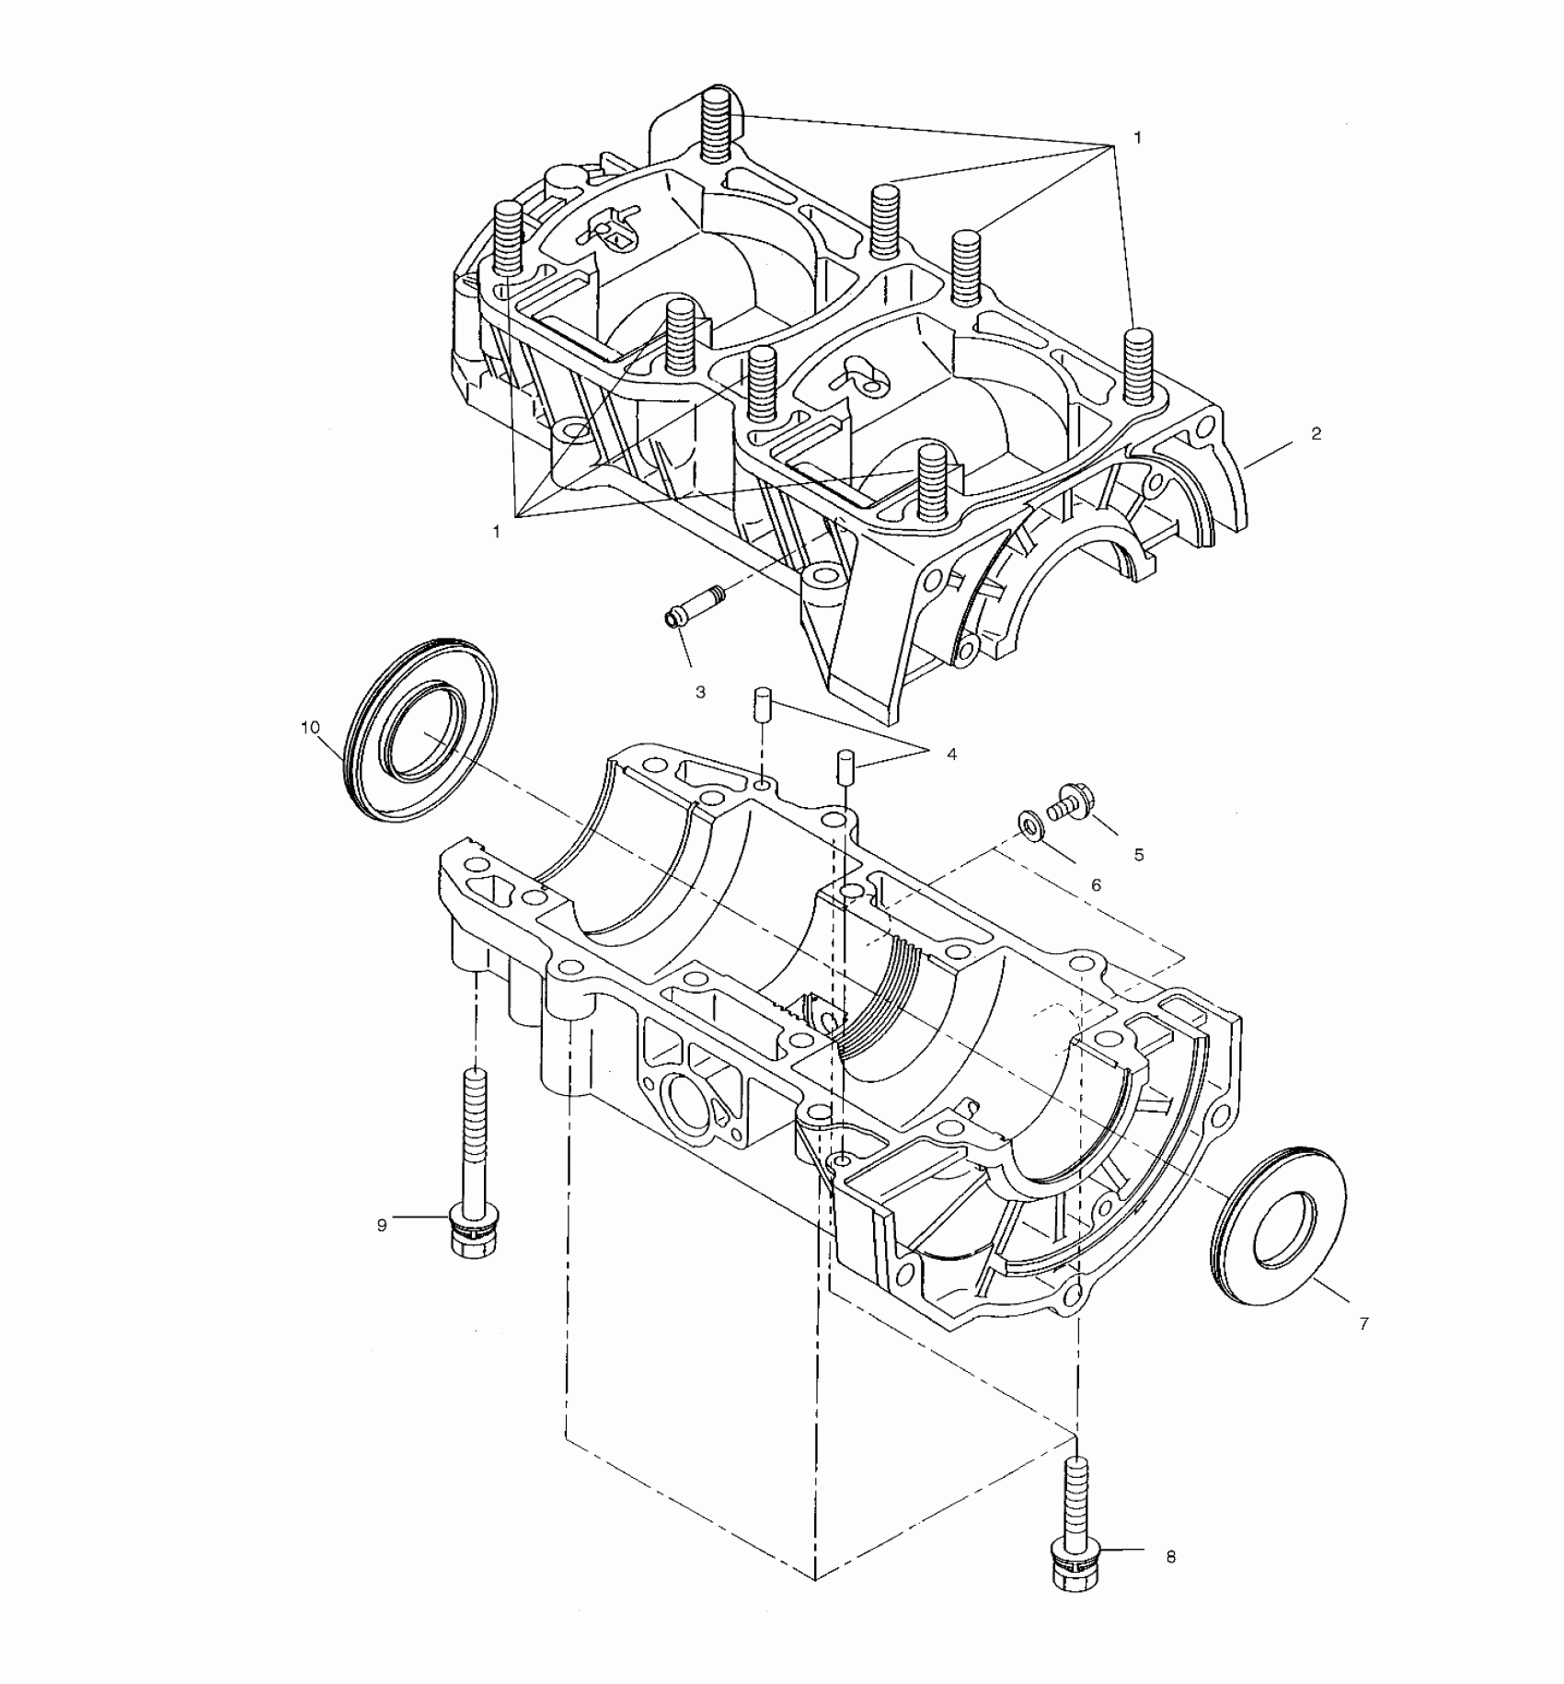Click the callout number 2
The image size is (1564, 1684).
[1316, 433]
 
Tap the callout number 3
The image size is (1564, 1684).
[700, 692]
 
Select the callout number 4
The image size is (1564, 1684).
[951, 755]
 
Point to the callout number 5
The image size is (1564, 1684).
[1139, 855]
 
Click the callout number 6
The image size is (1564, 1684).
[1096, 885]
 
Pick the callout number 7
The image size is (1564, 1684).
[1363, 1323]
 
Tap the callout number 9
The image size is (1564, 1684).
[382, 1225]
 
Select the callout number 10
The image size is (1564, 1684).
[310, 727]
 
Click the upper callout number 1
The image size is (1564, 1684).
[1137, 137]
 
